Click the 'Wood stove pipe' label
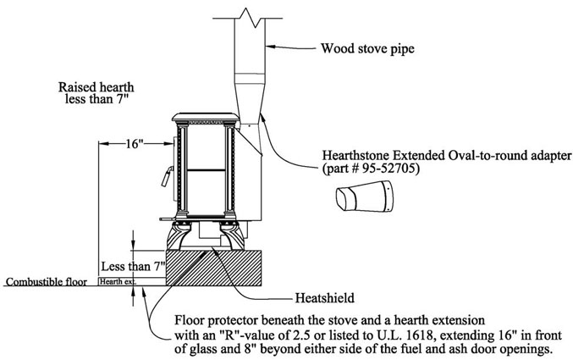pos(367,48)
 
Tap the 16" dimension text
pos(134,144)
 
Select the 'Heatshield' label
pos(325,298)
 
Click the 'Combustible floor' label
pos(47,282)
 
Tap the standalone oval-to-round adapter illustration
pos(365,197)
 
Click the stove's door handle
pos(167,176)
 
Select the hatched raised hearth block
pos(213,268)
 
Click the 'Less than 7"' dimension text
pos(133,266)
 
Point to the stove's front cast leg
pos(179,236)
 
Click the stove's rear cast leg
pos(232,236)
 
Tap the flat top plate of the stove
pos(206,117)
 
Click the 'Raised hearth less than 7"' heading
pos(96,93)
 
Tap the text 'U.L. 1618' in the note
pos(409,335)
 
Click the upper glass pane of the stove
pos(206,147)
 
